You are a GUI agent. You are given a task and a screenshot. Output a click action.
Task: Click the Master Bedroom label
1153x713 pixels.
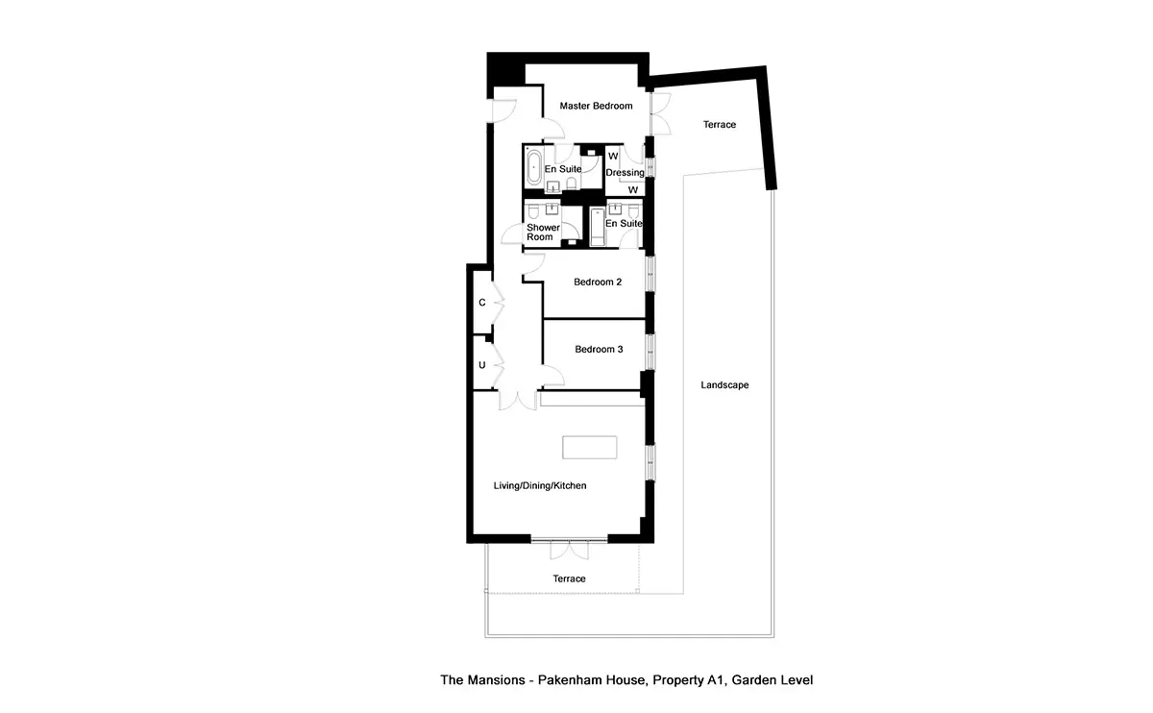pos(596,106)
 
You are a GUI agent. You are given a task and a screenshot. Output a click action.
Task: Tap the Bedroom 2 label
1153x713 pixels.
pos(598,283)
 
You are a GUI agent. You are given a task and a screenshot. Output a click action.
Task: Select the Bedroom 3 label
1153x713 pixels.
pos(599,350)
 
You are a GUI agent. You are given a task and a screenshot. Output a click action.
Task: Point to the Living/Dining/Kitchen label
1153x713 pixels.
pos(540,485)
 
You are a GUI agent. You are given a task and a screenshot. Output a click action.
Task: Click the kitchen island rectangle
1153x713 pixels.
pos(589,448)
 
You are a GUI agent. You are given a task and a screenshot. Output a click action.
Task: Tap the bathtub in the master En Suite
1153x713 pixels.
pos(534,167)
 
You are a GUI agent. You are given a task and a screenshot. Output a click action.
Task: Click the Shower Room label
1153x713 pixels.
pos(543,233)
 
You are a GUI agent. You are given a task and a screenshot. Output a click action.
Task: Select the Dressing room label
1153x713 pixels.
pos(625,173)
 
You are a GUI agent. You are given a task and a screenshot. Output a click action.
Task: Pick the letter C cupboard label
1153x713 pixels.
pos(481,303)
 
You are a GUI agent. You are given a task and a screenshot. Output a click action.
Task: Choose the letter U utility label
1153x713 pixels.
pos(481,365)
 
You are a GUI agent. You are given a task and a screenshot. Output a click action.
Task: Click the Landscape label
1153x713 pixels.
pos(724,385)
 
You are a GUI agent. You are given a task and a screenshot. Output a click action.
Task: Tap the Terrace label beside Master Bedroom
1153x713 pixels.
pos(720,125)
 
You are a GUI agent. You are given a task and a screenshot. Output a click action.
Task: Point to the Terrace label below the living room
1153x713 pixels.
pos(569,578)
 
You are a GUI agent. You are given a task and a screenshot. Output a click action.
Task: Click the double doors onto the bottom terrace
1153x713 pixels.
pos(569,550)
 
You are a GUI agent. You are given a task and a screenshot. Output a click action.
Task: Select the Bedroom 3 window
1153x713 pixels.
pos(650,352)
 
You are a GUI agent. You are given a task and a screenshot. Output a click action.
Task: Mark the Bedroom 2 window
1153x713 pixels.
pos(650,274)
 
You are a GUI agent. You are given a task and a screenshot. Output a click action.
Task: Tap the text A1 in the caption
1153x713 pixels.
pos(715,680)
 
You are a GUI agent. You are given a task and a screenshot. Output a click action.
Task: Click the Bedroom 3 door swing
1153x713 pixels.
pos(553,376)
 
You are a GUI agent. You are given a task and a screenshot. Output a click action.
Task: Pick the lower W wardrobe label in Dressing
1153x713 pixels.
pos(632,190)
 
